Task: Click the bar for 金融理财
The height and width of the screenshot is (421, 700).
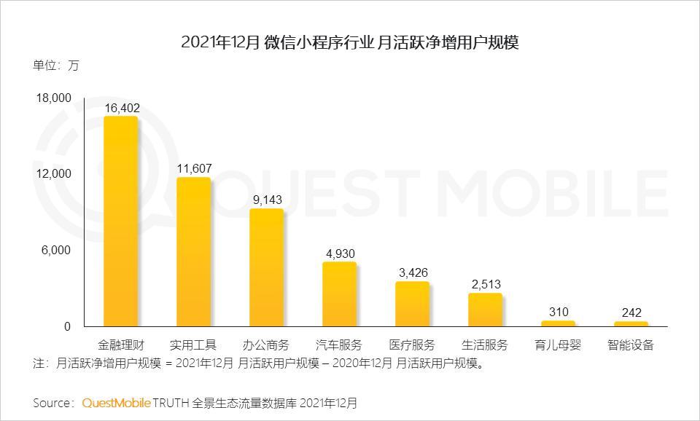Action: (x=121, y=221)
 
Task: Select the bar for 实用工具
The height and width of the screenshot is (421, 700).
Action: (x=194, y=252)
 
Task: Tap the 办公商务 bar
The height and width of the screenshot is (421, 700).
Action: (x=267, y=268)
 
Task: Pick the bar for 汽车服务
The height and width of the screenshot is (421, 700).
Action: (x=340, y=294)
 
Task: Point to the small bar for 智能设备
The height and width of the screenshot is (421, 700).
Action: (x=631, y=324)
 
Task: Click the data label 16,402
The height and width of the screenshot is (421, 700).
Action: (x=122, y=108)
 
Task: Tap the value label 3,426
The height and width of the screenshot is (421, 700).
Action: (x=413, y=273)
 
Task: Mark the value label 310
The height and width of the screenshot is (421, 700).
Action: (x=559, y=312)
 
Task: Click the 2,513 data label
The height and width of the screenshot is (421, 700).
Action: (x=486, y=285)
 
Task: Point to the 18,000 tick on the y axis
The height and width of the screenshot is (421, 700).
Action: (x=54, y=98)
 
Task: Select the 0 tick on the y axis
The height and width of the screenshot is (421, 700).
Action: (x=68, y=326)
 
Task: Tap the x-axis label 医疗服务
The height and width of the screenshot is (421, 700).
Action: (x=413, y=345)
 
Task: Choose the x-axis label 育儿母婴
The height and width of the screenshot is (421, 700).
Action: (x=559, y=345)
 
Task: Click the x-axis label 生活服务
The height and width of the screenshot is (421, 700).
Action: (x=486, y=345)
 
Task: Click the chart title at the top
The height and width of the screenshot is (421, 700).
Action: (x=349, y=42)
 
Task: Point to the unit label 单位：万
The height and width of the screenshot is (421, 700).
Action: (x=55, y=66)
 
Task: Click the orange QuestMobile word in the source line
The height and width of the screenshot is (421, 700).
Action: (x=116, y=402)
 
